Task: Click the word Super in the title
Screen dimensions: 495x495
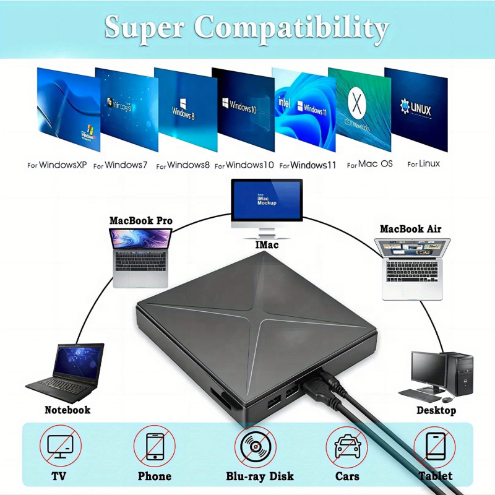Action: [x=144, y=27]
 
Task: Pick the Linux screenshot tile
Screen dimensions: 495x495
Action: [x=416, y=110]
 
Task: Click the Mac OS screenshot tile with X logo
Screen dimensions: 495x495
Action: [x=359, y=110]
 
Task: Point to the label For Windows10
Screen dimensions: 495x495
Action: [x=246, y=165]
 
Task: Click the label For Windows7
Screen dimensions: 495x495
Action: [x=120, y=165]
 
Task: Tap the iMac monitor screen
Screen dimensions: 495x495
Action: [x=267, y=200]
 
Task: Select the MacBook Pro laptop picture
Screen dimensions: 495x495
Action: [x=140, y=257]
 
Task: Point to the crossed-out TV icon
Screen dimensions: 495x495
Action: [x=60, y=446]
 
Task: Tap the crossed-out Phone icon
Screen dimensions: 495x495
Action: [x=154, y=446]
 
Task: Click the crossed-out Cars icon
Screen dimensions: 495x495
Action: [x=346, y=446]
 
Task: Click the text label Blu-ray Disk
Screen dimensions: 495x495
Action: [x=260, y=476]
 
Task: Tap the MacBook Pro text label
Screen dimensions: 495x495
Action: [x=141, y=220]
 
